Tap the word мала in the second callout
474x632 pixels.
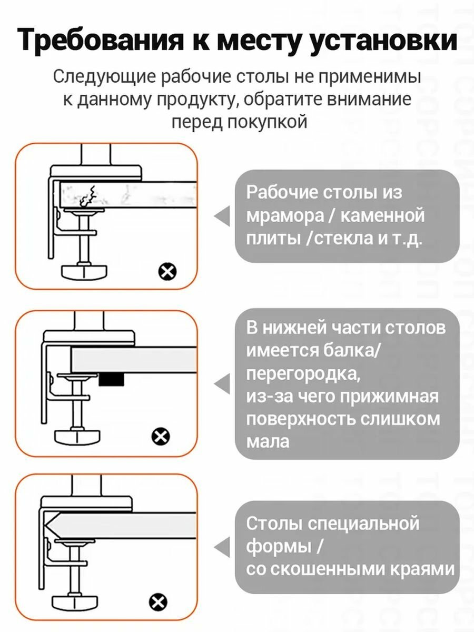(x=268, y=441)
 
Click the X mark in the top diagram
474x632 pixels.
(x=167, y=272)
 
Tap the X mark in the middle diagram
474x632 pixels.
(x=161, y=436)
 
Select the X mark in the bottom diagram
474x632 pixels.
(x=157, y=601)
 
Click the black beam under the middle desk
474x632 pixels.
(x=112, y=379)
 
